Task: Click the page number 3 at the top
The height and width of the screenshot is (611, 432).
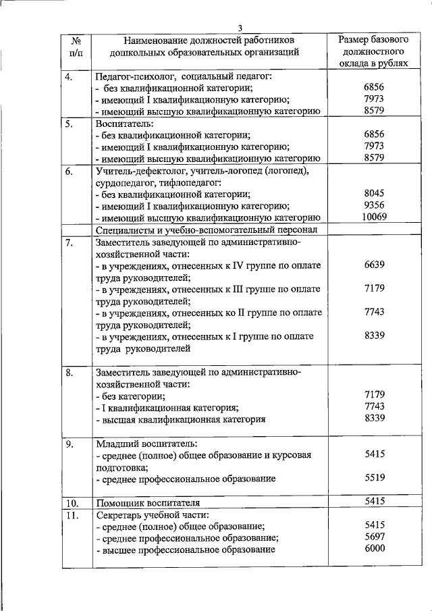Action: point(240,27)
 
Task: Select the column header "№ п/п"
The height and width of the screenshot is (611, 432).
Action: point(76,45)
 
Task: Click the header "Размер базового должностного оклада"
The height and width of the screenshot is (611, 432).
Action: point(373,51)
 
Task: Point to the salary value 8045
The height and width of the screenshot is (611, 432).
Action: point(373,192)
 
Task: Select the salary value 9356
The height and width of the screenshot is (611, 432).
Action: point(373,205)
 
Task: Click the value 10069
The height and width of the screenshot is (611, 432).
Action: point(373,217)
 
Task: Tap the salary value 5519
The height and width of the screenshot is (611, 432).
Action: point(373,477)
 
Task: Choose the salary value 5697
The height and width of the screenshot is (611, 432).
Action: point(373,537)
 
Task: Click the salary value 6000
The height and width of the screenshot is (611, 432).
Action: point(373,549)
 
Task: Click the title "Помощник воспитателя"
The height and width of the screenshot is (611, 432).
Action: point(148,503)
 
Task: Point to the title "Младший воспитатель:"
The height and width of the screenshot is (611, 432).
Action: point(145,444)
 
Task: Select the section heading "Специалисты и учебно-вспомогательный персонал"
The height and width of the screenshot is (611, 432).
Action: point(202,230)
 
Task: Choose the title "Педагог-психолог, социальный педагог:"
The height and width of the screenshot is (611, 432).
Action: point(183,76)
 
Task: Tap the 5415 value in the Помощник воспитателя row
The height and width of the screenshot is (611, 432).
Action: point(373,501)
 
